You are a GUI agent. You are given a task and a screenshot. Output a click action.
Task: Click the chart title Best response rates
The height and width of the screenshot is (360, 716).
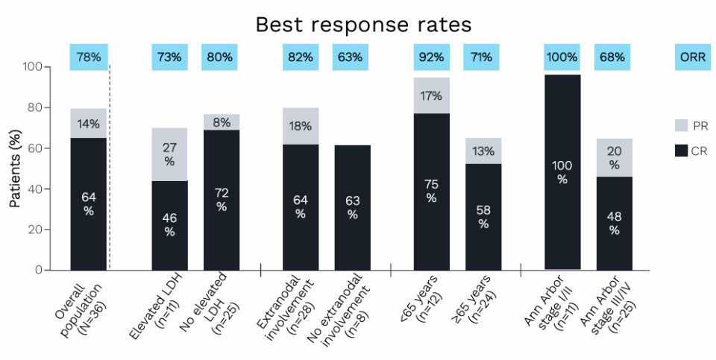pyautogui.click(x=363, y=24)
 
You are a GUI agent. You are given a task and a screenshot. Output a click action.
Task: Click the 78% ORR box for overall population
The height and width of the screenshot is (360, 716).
pyautogui.click(x=89, y=57)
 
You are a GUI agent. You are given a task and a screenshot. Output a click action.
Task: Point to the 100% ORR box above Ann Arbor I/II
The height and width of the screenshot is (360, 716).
pyautogui.click(x=562, y=57)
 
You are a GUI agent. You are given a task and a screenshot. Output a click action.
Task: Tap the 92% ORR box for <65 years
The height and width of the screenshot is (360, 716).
pyautogui.click(x=431, y=57)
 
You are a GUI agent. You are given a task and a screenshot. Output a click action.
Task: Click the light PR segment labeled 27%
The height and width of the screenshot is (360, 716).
pyautogui.click(x=169, y=154)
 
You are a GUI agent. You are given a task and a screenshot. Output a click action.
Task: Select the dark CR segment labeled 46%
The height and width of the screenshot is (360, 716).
pyautogui.click(x=169, y=225)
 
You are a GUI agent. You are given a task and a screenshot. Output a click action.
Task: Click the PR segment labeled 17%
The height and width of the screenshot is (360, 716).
pyautogui.click(x=431, y=95)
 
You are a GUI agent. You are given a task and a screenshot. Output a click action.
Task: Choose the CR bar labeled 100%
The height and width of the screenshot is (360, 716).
pyautogui.click(x=562, y=172)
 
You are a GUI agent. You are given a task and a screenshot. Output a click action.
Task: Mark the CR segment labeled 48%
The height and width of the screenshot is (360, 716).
pyautogui.click(x=614, y=223)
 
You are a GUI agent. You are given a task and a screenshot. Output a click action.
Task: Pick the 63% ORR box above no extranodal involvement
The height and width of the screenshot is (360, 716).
pyautogui.click(x=352, y=57)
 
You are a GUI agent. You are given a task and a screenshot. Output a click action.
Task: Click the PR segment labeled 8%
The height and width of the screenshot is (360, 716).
pyautogui.click(x=222, y=121)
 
